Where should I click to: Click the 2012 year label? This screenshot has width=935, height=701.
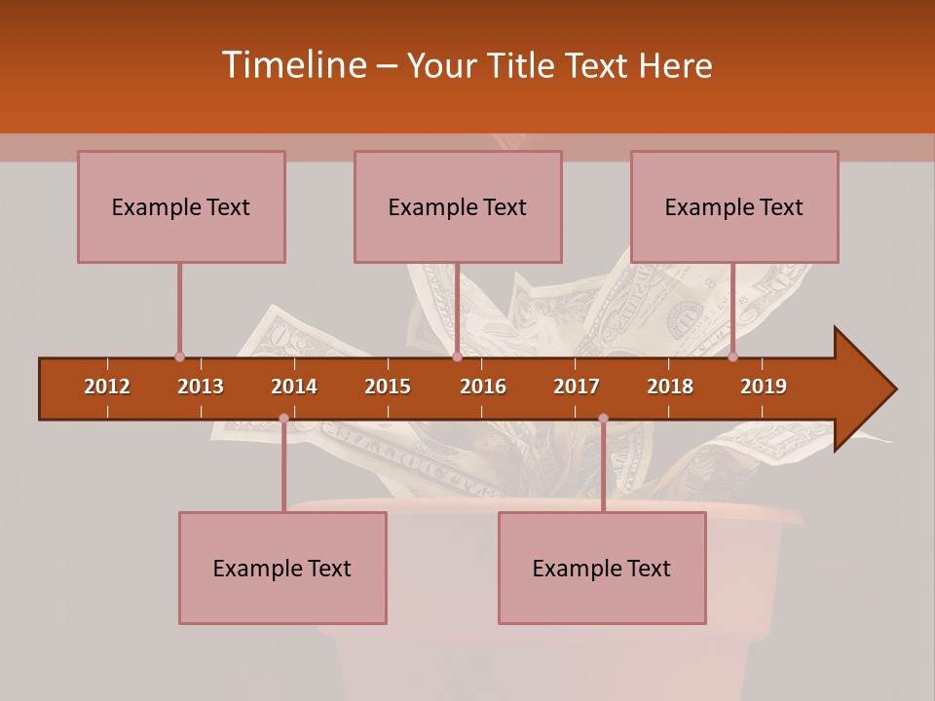[x=107, y=387]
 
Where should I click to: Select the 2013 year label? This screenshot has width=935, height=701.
[x=201, y=387]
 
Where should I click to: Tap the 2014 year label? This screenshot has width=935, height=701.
[x=294, y=387]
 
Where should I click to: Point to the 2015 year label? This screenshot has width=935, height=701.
[x=388, y=387]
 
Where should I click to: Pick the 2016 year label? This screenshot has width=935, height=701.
[x=483, y=387]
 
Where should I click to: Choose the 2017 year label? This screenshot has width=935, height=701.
[x=577, y=387]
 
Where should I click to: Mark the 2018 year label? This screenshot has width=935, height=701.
[x=670, y=387]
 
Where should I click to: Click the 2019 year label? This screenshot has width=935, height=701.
[x=764, y=387]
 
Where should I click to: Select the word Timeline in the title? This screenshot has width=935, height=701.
[x=292, y=65]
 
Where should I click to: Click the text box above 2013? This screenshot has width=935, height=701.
[x=181, y=206]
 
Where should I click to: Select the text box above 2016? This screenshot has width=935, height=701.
[x=458, y=206]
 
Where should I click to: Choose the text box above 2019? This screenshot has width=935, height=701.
[x=734, y=206]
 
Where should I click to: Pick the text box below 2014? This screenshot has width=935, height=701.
[x=282, y=568]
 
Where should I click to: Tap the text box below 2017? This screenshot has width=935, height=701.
[x=602, y=568]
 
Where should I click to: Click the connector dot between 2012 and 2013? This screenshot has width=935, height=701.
[x=179, y=357]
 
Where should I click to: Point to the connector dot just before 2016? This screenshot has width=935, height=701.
[x=457, y=357]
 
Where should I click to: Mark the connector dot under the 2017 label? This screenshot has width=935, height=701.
[x=603, y=419]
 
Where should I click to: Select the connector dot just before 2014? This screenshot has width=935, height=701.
[x=283, y=419]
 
